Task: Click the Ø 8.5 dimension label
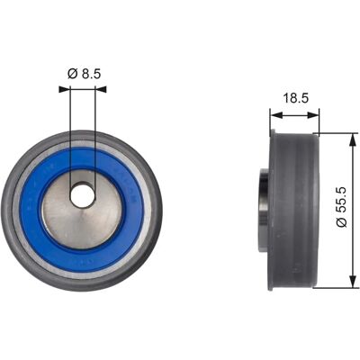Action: [x=84, y=74]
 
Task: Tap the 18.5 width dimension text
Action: [x=296, y=98]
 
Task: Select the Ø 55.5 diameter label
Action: [x=342, y=207]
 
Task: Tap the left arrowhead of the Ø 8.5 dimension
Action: [x=64, y=89]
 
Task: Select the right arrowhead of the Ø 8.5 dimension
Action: [x=101, y=89]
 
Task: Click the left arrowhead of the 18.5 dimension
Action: [x=276, y=115]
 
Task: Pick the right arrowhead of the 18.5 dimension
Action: [x=313, y=115]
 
